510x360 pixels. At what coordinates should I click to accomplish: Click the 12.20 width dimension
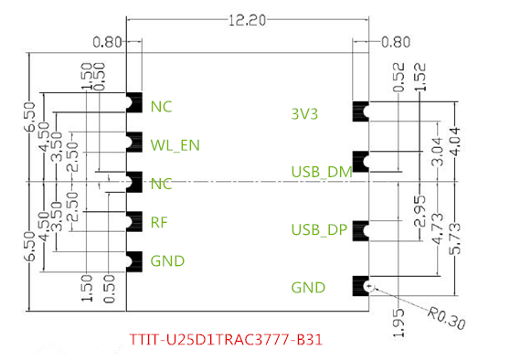(247, 19)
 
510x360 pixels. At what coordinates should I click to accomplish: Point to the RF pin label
(159, 222)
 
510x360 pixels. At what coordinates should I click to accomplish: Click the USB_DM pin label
(321, 171)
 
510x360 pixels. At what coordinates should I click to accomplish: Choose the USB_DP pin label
(319, 228)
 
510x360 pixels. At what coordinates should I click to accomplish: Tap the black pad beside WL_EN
(134, 143)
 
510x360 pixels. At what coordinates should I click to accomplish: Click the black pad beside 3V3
(359, 112)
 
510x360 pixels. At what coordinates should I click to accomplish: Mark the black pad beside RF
(134, 221)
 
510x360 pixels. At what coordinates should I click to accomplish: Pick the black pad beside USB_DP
(359, 228)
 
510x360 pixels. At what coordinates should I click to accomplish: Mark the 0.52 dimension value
(397, 79)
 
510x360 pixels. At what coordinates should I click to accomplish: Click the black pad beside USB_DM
(359, 163)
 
